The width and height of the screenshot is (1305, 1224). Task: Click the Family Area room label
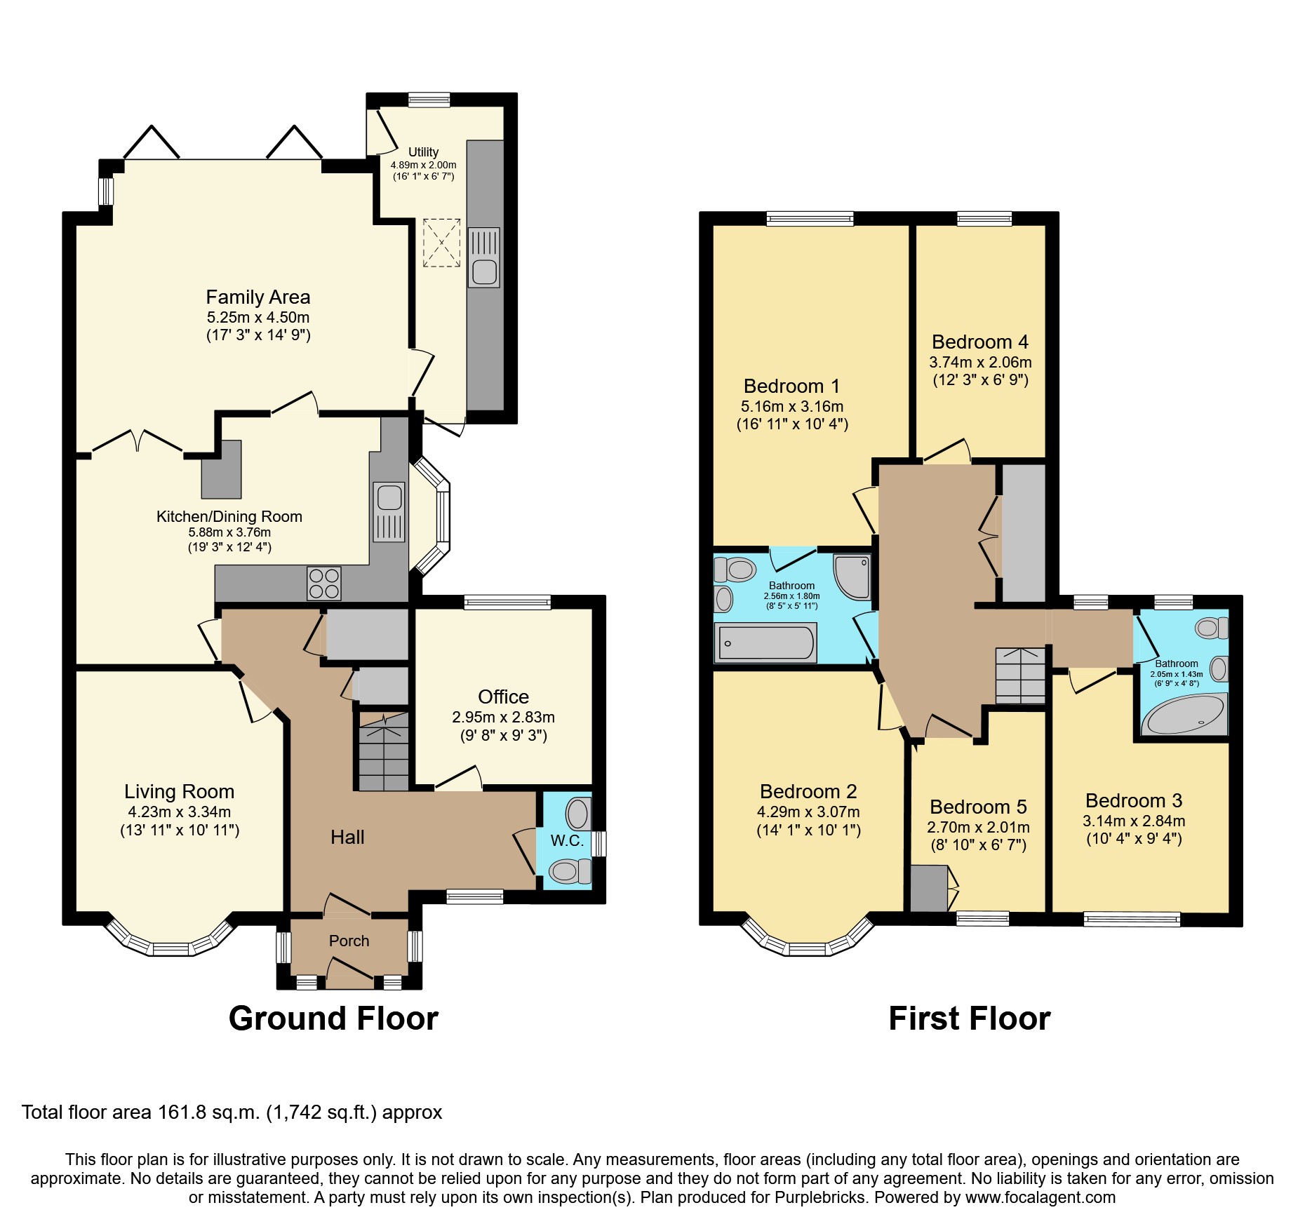pyautogui.click(x=257, y=297)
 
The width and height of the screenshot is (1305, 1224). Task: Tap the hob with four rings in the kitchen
pyautogui.click(x=324, y=583)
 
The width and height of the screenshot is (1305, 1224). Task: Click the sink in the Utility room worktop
pyautogui.click(x=484, y=257)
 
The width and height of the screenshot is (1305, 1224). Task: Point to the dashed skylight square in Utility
pyautogui.click(x=442, y=243)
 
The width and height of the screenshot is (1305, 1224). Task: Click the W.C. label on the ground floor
pyautogui.click(x=567, y=840)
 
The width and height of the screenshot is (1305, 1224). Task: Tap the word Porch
pyautogui.click(x=349, y=941)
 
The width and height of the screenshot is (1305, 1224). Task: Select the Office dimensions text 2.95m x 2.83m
pyautogui.click(x=503, y=718)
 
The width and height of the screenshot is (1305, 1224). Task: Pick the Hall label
pyautogui.click(x=347, y=837)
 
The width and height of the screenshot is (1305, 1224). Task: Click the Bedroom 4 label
pyautogui.click(x=979, y=342)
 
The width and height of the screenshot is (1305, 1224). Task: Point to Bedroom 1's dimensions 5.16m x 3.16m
pyautogui.click(x=792, y=407)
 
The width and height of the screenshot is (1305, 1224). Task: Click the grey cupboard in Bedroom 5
pyautogui.click(x=928, y=889)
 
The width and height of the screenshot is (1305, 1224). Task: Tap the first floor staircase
pyautogui.click(x=1020, y=675)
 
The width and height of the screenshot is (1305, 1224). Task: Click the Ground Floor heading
pyautogui.click(x=333, y=1018)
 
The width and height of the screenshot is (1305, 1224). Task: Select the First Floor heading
pyautogui.click(x=969, y=1018)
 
